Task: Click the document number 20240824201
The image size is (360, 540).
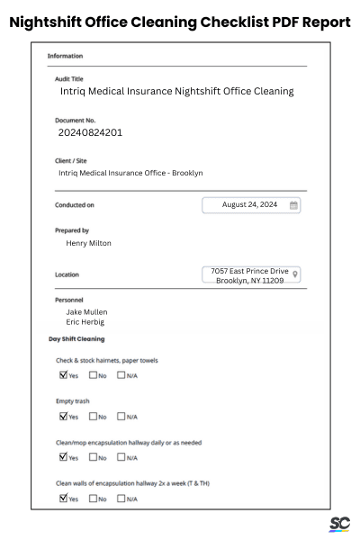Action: [x=90, y=132]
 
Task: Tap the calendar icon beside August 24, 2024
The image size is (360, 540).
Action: [x=293, y=205]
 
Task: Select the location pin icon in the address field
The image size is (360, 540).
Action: [x=296, y=274]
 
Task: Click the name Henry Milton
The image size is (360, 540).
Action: [x=89, y=242]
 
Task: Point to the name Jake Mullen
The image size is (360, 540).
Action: [x=86, y=311]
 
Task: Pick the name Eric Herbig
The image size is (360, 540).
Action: [x=85, y=321]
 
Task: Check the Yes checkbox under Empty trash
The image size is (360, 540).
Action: [x=63, y=416]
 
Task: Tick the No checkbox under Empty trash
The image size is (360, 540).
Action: [x=92, y=416]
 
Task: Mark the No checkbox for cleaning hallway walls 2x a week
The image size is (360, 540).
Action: [x=92, y=498]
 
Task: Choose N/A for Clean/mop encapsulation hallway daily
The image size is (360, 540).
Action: [x=121, y=456]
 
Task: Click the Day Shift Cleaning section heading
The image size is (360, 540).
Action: [x=76, y=338]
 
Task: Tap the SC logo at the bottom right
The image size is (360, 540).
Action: [x=339, y=524]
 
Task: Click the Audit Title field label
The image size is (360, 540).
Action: [x=69, y=78]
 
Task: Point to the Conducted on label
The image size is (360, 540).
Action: [x=75, y=205]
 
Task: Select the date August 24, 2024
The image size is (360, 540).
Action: [x=249, y=205]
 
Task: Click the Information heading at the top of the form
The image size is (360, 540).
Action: [x=65, y=56]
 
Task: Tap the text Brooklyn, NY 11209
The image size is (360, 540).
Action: [x=249, y=281]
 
